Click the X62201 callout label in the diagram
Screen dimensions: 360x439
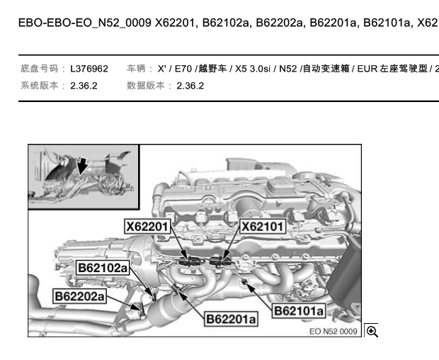[149, 227]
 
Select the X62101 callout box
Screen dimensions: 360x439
[263, 227]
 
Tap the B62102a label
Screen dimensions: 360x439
[103, 268]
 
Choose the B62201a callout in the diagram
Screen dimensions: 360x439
[232, 320]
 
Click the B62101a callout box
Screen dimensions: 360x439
[299, 310]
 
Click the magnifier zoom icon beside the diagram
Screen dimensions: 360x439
[372, 331]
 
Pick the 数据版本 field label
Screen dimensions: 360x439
[145, 85]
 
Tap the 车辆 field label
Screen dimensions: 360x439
[136, 69]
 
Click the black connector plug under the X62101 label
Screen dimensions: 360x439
[221, 261]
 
